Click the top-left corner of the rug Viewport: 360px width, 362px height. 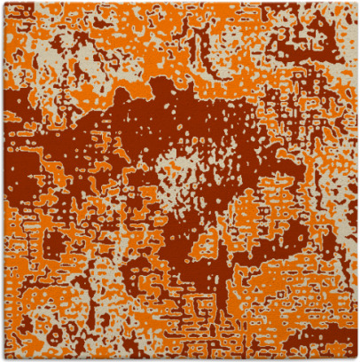pyautogui.click(x=3, y=3)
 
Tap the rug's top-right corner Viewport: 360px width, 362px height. pyautogui.click(x=357, y=3)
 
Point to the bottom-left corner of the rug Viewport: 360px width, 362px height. pyautogui.click(x=3, y=359)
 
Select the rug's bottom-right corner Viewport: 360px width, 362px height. pyautogui.click(x=357, y=359)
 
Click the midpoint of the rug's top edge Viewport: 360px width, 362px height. pyautogui.click(x=180, y=3)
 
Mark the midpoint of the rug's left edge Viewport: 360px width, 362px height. pyautogui.click(x=3, y=181)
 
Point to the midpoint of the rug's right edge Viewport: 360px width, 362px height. pyautogui.click(x=357, y=181)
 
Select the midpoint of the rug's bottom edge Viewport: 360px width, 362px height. pyautogui.click(x=180, y=359)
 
